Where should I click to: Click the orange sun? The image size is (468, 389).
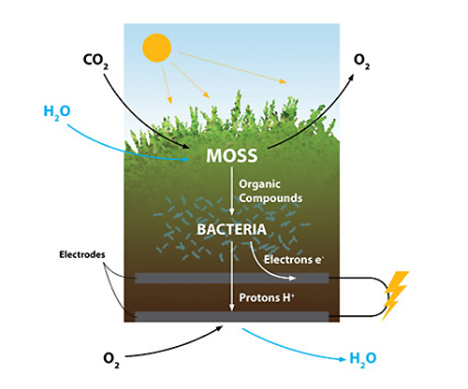[157, 48]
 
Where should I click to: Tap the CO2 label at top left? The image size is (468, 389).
[95, 61]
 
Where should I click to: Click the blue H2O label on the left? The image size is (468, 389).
[57, 112]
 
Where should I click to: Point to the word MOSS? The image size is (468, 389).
[232, 155]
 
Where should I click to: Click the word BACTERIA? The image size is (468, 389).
[231, 229]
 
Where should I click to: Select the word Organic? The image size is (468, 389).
[259, 184]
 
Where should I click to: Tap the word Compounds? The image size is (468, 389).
[271, 198]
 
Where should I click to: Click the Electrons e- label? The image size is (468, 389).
[294, 259]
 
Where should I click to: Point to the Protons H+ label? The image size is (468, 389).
[267, 297]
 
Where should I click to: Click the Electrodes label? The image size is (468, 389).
[82, 254]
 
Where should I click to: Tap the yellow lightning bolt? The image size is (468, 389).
[395, 295]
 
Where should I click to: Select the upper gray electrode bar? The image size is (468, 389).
[232, 278]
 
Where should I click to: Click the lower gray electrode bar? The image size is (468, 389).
[232, 316]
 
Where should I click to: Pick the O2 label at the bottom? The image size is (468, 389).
[111, 361]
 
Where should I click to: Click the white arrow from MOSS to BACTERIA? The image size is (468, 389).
[231, 191]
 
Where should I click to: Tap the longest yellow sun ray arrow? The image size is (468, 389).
[232, 67]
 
